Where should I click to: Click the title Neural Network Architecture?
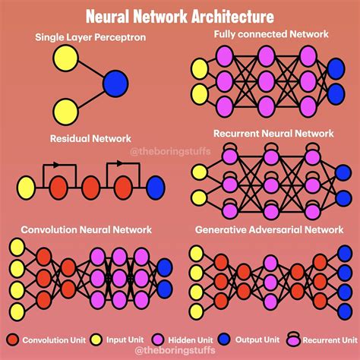click(180, 15)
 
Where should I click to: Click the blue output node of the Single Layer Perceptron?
click(115, 82)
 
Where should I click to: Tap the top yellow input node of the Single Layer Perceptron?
click(65, 58)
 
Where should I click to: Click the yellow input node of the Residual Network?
click(26, 185)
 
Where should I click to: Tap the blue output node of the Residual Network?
click(156, 185)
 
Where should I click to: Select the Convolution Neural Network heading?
click(86, 229)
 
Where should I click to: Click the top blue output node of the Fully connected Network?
click(335, 68)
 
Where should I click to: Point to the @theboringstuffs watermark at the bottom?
click(180, 352)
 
